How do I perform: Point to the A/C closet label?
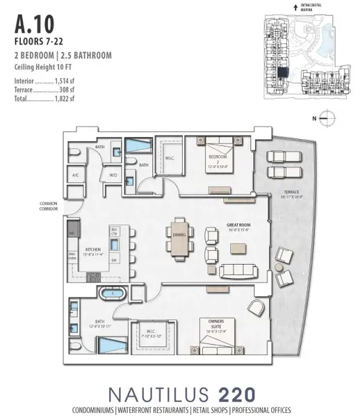tap(75, 176)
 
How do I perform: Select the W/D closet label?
tap(113, 176)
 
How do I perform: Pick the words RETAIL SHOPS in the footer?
tap(209, 409)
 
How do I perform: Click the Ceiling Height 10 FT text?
tap(44, 67)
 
